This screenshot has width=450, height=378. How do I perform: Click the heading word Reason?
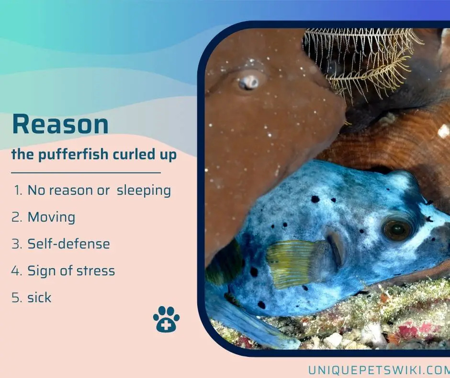tap(60, 124)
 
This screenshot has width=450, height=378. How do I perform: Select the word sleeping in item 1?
tap(144, 191)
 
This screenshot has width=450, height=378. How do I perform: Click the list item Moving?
tap(51, 217)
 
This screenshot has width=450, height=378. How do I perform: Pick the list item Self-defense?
tap(68, 244)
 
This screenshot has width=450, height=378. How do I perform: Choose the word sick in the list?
tap(39, 297)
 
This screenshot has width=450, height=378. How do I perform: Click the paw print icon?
tap(166, 319)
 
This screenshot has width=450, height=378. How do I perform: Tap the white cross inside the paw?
tap(165, 326)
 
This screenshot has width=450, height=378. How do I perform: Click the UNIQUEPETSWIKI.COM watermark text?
tap(379, 370)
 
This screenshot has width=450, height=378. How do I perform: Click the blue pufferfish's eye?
tap(397, 229)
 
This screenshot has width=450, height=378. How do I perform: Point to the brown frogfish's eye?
tap(248, 82)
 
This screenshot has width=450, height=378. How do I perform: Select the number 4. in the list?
tap(17, 271)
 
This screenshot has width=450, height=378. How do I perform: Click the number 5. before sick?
tap(17, 297)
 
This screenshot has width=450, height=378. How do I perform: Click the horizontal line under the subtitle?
tap(86, 173)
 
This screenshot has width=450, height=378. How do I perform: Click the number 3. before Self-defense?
tap(17, 244)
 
